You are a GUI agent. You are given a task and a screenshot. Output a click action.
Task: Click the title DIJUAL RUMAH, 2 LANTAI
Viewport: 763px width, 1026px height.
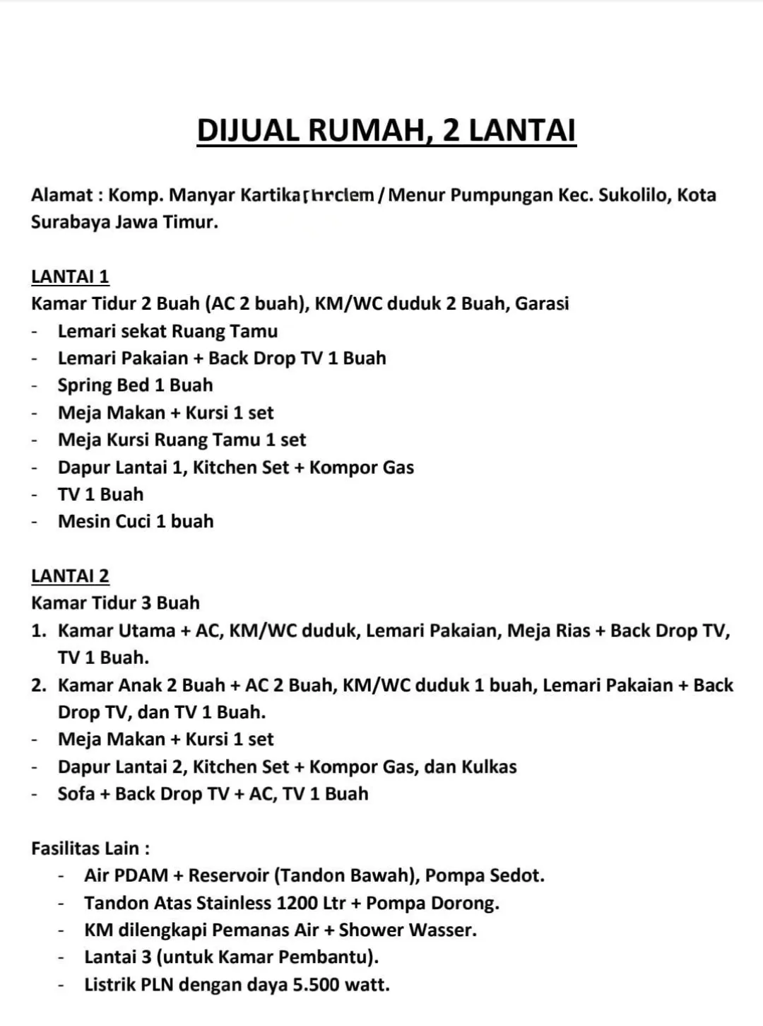point(386,131)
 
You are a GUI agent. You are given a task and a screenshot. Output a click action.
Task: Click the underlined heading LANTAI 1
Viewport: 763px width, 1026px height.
point(70,276)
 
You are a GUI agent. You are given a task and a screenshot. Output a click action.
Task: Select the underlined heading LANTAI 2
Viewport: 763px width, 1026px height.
point(70,576)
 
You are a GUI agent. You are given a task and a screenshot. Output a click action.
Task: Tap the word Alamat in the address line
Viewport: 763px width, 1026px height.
point(62,195)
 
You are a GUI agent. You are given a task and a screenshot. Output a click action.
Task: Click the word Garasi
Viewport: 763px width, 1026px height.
point(542,304)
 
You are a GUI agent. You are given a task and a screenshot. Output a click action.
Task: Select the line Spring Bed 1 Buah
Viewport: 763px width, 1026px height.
point(135,385)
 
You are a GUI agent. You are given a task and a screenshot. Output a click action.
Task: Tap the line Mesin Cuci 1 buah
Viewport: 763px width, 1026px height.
point(136,522)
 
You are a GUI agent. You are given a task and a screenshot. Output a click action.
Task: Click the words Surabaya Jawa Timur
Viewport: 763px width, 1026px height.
point(124,222)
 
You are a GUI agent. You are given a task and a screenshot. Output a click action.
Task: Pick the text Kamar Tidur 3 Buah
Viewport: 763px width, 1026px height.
point(115,603)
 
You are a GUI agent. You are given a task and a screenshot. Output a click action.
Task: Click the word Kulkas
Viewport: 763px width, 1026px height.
point(489,766)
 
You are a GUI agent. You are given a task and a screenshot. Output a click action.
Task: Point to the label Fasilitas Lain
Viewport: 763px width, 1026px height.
point(90,848)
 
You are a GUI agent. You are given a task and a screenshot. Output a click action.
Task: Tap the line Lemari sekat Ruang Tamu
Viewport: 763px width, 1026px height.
point(167,331)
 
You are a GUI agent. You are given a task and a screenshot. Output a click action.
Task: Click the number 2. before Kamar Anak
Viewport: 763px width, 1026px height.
point(39,685)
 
